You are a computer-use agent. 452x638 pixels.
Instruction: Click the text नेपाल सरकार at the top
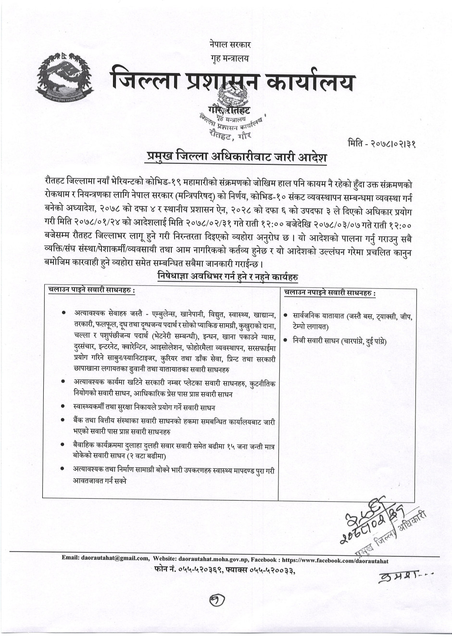[230, 45]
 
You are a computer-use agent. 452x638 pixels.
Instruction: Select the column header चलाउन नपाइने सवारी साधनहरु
[330, 293]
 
